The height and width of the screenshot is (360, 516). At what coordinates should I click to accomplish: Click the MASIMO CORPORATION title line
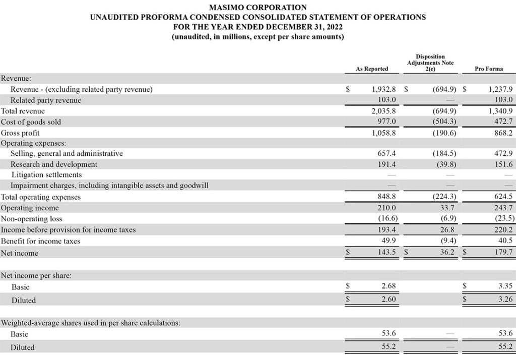[257, 8]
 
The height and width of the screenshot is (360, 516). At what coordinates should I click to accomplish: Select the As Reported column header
[372, 69]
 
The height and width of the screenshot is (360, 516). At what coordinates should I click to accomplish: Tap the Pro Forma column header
[488, 69]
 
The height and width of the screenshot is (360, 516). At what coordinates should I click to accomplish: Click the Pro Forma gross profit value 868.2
[502, 133]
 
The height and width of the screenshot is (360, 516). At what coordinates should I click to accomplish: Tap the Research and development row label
[54, 164]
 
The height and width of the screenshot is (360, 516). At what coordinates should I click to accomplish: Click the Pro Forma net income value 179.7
[502, 252]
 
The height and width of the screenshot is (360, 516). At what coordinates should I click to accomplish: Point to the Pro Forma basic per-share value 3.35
[504, 286]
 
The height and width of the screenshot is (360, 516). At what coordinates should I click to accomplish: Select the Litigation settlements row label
[46, 174]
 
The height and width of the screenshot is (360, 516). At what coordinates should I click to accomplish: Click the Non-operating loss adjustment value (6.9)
[446, 219]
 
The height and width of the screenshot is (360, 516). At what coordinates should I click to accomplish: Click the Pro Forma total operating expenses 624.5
[502, 197]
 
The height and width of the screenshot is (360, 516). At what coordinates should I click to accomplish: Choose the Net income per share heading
[36, 276]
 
